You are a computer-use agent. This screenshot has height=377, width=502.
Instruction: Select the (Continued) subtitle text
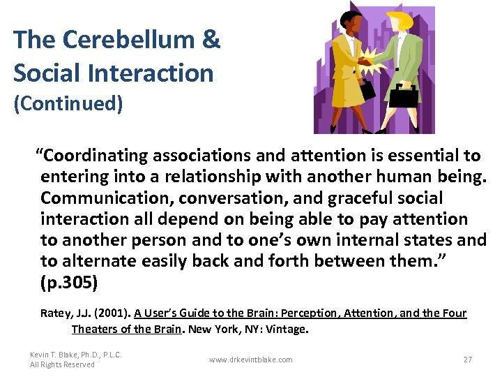point(68,104)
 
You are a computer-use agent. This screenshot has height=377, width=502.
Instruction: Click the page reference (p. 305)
point(69,283)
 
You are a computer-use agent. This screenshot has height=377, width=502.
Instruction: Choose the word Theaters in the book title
point(94,329)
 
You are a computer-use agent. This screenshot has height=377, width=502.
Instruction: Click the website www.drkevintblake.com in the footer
point(250,360)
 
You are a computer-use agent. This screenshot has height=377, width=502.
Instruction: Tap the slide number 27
point(468,360)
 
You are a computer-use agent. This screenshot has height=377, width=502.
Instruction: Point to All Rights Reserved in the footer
point(62,364)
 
